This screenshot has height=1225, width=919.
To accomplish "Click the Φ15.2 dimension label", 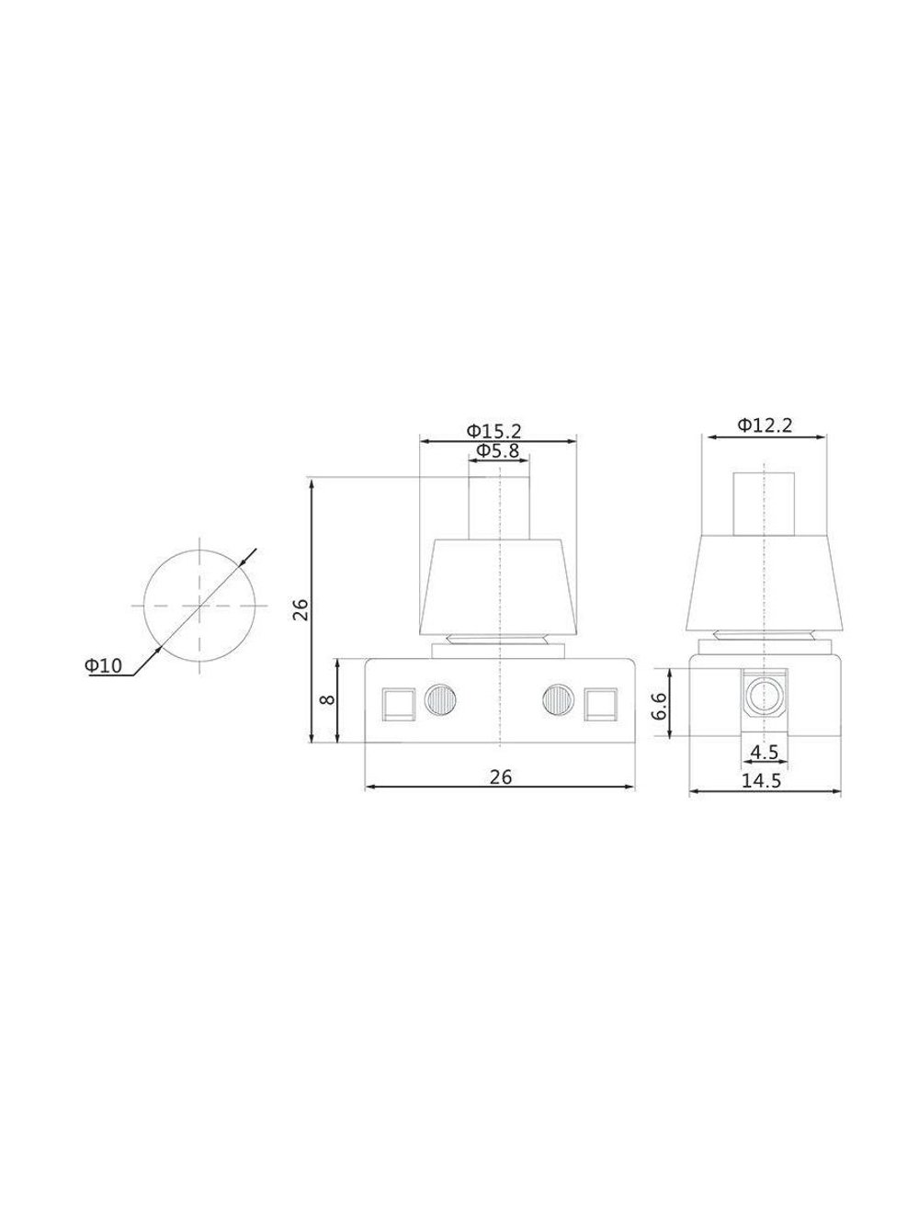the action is coord(494,431).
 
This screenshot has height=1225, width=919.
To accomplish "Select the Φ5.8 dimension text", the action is coord(497,450).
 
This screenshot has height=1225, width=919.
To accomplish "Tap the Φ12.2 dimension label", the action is coord(765,425).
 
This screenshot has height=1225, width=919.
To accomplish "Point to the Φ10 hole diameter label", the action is coord(103,665).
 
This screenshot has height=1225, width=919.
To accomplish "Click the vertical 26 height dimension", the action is coord(301,609).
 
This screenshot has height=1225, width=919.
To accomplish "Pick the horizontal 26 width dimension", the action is coord(501,777).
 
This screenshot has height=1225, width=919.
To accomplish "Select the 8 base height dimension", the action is coord(328,699).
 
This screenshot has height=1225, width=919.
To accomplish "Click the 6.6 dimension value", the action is coord(661,707).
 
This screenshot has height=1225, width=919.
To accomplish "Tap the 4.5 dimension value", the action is coord(764,753).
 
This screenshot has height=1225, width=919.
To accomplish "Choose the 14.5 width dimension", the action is coord(761,781).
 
